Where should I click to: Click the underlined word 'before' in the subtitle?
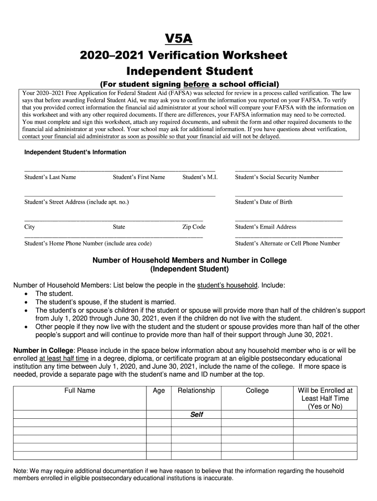(x=196, y=84)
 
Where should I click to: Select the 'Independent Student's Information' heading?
(x=75, y=152)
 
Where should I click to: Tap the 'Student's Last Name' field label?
(x=50, y=177)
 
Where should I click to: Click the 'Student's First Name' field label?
(x=139, y=177)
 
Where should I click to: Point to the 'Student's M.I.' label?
(x=200, y=177)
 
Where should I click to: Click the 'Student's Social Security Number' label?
(x=277, y=177)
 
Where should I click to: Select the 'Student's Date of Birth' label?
(x=263, y=202)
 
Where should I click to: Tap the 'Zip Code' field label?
(x=194, y=227)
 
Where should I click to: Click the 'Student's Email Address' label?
(x=265, y=227)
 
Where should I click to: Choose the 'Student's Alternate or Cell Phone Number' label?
(x=287, y=243)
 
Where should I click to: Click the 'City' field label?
(x=29, y=227)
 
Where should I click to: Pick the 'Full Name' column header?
(x=80, y=390)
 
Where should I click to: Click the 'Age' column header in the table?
(x=159, y=390)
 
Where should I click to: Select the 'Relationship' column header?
(x=196, y=390)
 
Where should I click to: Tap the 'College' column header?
(x=257, y=390)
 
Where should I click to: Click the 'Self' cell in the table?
(x=196, y=414)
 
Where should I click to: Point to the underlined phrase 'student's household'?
(x=227, y=285)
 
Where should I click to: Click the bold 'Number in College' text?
(x=44, y=351)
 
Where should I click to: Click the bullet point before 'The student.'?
(x=25, y=294)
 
